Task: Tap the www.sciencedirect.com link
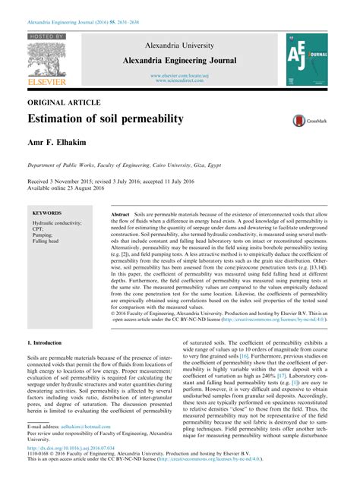click(180, 80)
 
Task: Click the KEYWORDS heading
click(47, 214)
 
